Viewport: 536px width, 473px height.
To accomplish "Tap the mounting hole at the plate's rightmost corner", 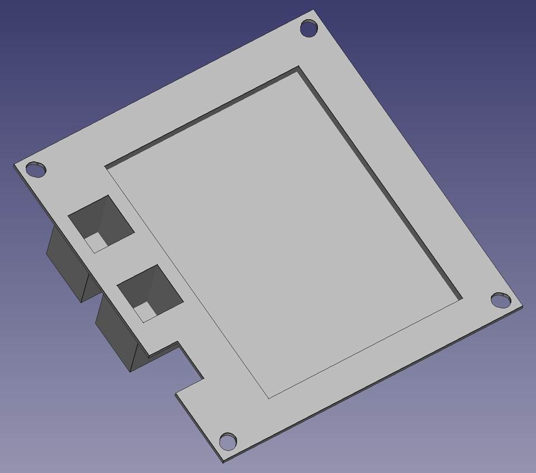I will [501, 300].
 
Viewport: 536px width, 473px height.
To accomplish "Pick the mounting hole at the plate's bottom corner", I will [227, 441].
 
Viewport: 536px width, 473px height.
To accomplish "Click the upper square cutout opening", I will [101, 223].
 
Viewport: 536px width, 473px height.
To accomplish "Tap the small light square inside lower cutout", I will [145, 310].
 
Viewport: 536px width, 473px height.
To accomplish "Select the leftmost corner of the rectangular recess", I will [106, 166].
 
